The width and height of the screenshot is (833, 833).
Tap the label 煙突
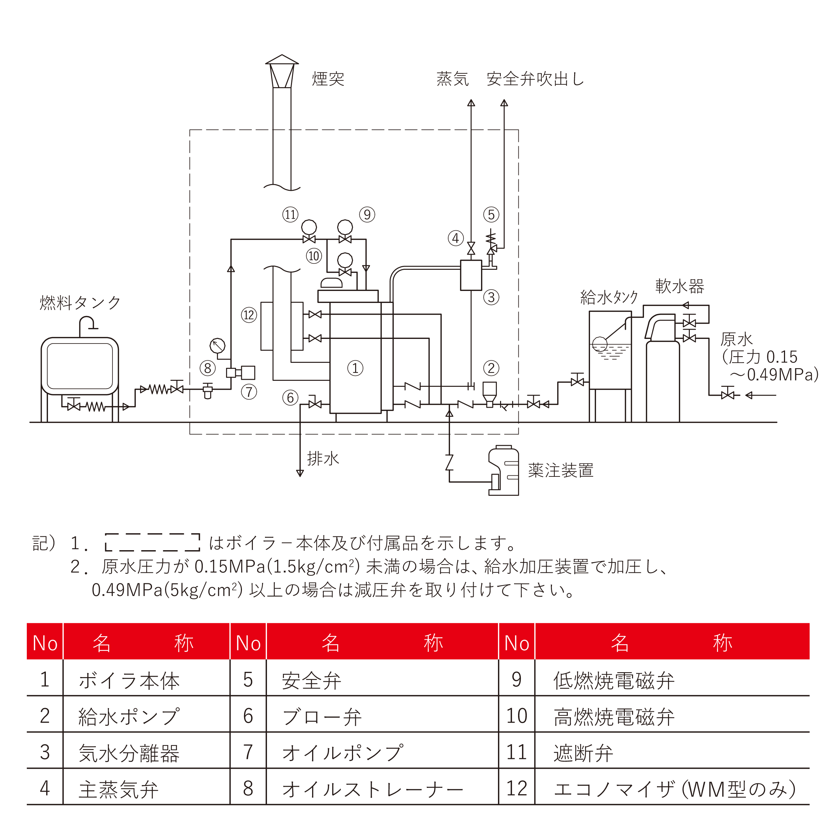point(328,79)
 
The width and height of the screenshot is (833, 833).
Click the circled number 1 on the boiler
point(355,368)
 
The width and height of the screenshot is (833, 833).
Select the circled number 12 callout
point(249,315)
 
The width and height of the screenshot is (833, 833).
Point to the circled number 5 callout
point(491,214)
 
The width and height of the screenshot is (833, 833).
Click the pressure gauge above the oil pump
point(217,345)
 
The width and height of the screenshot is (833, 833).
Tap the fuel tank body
point(80,366)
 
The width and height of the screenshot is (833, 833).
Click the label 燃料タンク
point(80,303)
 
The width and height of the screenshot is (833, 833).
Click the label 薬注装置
point(560,470)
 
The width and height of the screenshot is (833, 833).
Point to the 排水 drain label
point(323,458)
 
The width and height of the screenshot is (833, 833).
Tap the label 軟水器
point(680,286)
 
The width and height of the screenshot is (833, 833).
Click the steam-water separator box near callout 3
point(471,275)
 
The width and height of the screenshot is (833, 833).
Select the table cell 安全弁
point(311,681)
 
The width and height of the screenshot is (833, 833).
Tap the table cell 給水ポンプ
point(128,717)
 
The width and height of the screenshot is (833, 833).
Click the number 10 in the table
point(517,716)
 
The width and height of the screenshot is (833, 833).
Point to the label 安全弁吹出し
point(535,79)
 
